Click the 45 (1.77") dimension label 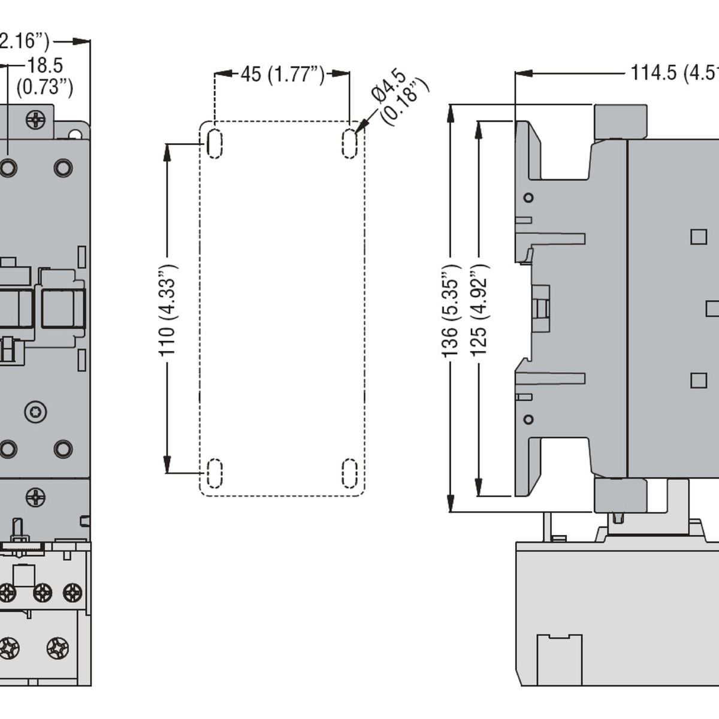tap(282, 74)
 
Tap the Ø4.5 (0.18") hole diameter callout tap(400, 96)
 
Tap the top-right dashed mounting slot tap(349, 143)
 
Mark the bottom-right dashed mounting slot tap(349, 473)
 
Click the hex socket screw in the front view tap(35, 412)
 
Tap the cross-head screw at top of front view tap(35, 120)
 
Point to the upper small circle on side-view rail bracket tap(528, 198)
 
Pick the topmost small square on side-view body tap(698, 237)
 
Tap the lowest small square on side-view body tap(698, 380)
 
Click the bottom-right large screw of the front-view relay tap(58, 648)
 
